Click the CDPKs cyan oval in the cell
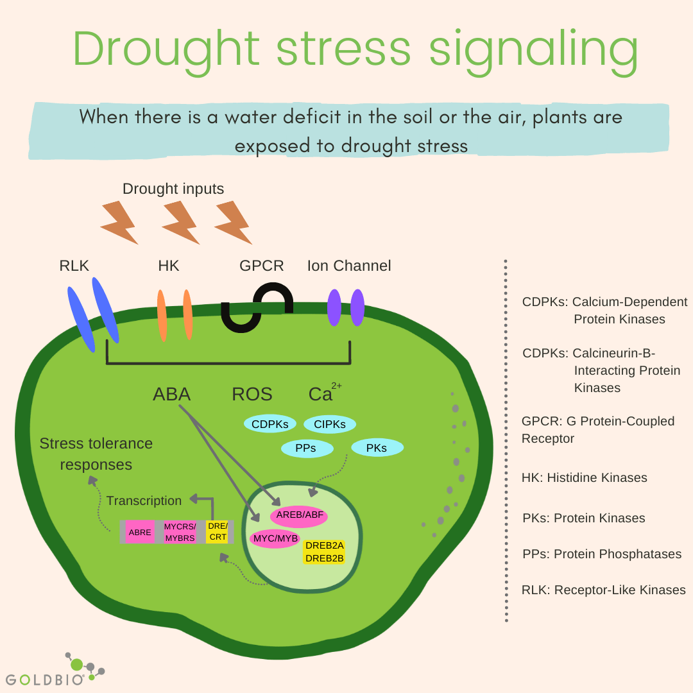tap(269, 424)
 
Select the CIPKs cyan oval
tap(329, 424)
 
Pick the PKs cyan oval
tap(377, 448)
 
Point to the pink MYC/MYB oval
tap(275, 538)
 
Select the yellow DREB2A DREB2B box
tap(324, 552)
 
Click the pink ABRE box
tap(139, 532)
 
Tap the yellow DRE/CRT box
tap(217, 531)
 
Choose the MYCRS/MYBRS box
tap(180, 532)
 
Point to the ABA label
tap(172, 394)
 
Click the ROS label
tap(252, 394)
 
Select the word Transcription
tap(144, 501)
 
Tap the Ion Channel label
tap(348, 266)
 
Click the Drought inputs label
tap(173, 189)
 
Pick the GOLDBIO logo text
tap(45, 679)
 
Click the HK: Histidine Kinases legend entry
tap(584, 477)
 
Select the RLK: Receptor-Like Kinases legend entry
tap(603, 590)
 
